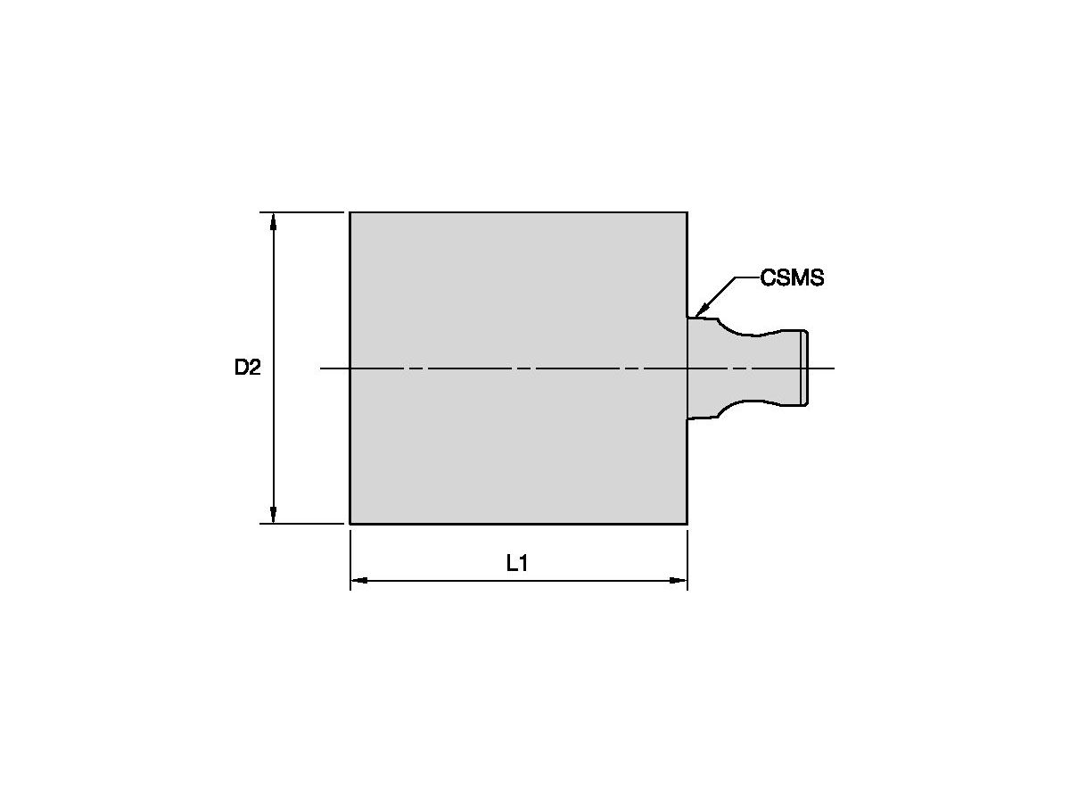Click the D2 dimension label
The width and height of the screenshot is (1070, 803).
247,367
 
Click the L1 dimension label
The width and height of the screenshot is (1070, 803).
517,564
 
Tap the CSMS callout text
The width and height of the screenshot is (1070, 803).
792,277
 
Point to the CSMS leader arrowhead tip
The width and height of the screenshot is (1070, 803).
695,318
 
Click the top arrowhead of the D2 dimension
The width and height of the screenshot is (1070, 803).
273,221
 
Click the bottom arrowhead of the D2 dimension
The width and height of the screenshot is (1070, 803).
273,515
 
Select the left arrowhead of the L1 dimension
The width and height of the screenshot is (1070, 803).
359,581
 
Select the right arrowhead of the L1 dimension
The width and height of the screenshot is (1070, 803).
678,581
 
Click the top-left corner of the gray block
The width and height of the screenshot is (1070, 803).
350,212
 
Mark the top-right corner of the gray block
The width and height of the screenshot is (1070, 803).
687,212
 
